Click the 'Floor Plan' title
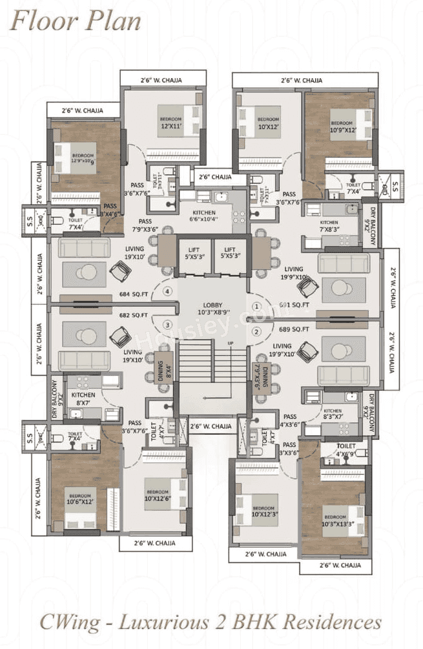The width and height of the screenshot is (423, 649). click(x=76, y=21)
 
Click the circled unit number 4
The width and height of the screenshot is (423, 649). click(x=168, y=292)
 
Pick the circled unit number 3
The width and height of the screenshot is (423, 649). click(x=168, y=324)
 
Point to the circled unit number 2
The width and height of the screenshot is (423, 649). click(x=256, y=332)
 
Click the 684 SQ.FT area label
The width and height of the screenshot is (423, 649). click(x=134, y=294)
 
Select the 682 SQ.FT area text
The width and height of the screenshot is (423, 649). click(x=134, y=315)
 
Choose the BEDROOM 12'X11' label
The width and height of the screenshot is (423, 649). click(x=171, y=123)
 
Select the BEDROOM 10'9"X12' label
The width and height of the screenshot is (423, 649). click(x=342, y=126)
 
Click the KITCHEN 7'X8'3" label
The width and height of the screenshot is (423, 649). click(x=329, y=226)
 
